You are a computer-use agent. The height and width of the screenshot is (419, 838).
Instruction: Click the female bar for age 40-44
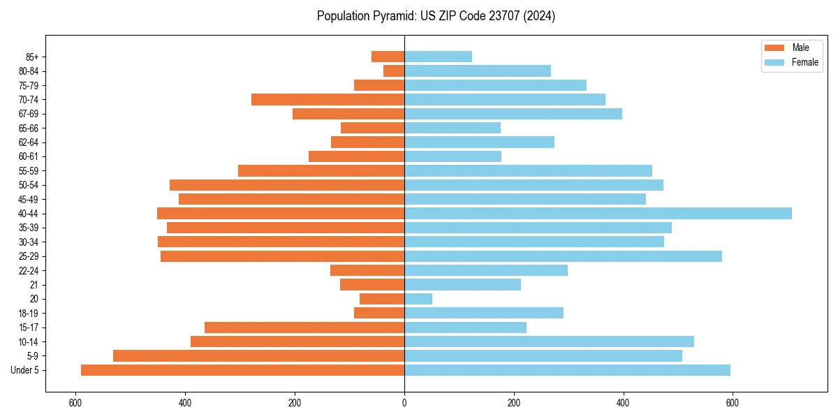tap(598, 213)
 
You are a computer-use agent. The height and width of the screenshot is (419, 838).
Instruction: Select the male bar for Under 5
tap(242, 370)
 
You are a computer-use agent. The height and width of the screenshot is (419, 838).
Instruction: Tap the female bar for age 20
tap(418, 299)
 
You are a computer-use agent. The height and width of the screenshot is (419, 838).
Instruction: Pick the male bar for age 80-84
tap(394, 71)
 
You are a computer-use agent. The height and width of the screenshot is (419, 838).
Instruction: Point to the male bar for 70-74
tap(328, 99)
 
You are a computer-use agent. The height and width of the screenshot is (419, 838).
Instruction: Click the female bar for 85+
tap(438, 57)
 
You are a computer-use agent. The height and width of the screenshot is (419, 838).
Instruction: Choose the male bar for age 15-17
tap(304, 328)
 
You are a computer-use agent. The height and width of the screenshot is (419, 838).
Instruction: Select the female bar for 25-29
tap(563, 256)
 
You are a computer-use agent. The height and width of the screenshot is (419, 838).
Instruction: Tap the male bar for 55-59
tap(321, 170)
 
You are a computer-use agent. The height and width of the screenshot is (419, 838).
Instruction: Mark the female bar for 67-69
tap(513, 114)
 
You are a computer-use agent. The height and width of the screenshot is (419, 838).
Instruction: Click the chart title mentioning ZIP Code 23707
tap(436, 16)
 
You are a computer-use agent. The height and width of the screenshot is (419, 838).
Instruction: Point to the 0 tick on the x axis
tap(404, 402)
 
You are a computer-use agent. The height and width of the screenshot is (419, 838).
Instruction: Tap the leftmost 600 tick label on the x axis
tap(75, 402)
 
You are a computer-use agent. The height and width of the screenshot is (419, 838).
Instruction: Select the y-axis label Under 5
tap(24, 370)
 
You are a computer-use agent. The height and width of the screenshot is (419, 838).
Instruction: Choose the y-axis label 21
tap(34, 285)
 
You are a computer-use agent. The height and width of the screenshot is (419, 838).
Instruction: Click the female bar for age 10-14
tap(549, 341)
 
